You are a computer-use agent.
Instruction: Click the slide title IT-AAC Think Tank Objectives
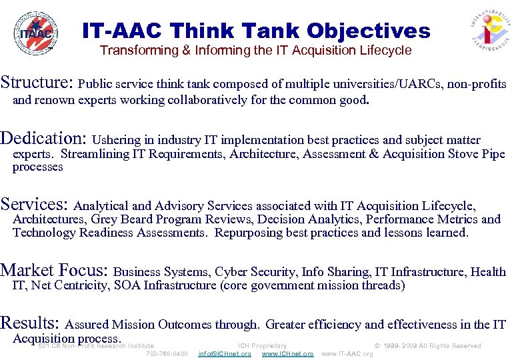(x=256, y=31)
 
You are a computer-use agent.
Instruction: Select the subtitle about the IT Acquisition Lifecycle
(x=255, y=51)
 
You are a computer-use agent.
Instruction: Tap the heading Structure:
(x=37, y=83)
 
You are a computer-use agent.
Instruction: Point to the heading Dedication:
(x=44, y=139)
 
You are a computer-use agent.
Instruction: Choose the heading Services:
(x=35, y=204)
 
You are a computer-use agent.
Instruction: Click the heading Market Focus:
(x=55, y=270)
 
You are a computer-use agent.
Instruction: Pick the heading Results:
(x=31, y=323)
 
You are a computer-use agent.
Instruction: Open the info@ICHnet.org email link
(x=225, y=354)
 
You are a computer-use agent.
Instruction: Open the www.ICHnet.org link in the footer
(x=287, y=354)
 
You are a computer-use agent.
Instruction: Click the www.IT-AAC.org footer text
(x=347, y=354)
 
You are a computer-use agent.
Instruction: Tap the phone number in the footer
(x=167, y=354)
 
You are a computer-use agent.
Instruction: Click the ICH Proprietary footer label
(x=262, y=346)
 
